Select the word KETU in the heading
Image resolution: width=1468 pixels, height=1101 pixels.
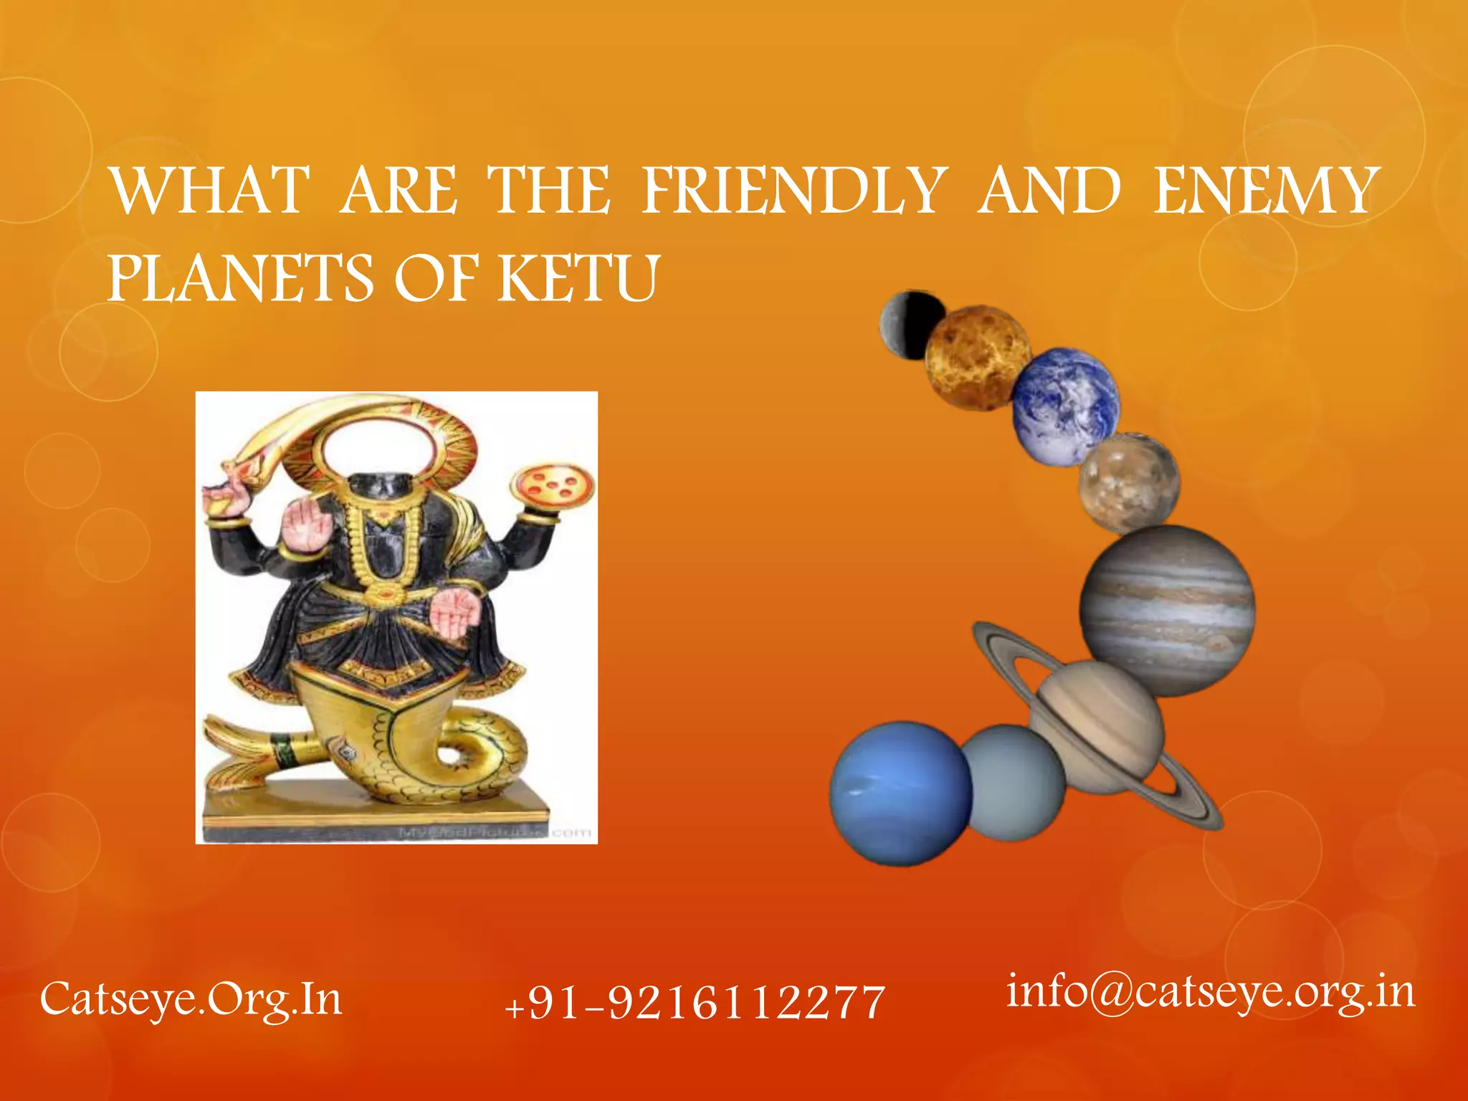pyautogui.click(x=578, y=278)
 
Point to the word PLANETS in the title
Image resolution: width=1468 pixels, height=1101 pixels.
pyautogui.click(x=241, y=278)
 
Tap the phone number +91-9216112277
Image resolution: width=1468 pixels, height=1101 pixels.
pyautogui.click(x=695, y=1001)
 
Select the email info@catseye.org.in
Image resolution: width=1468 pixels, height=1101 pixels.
pyautogui.click(x=1211, y=993)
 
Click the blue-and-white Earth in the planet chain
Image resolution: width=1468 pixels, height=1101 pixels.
pyautogui.click(x=1066, y=406)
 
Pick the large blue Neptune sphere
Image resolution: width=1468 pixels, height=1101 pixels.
pyautogui.click(x=900, y=793)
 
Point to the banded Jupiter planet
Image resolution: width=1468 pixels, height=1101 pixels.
pyautogui.click(x=1167, y=609)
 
